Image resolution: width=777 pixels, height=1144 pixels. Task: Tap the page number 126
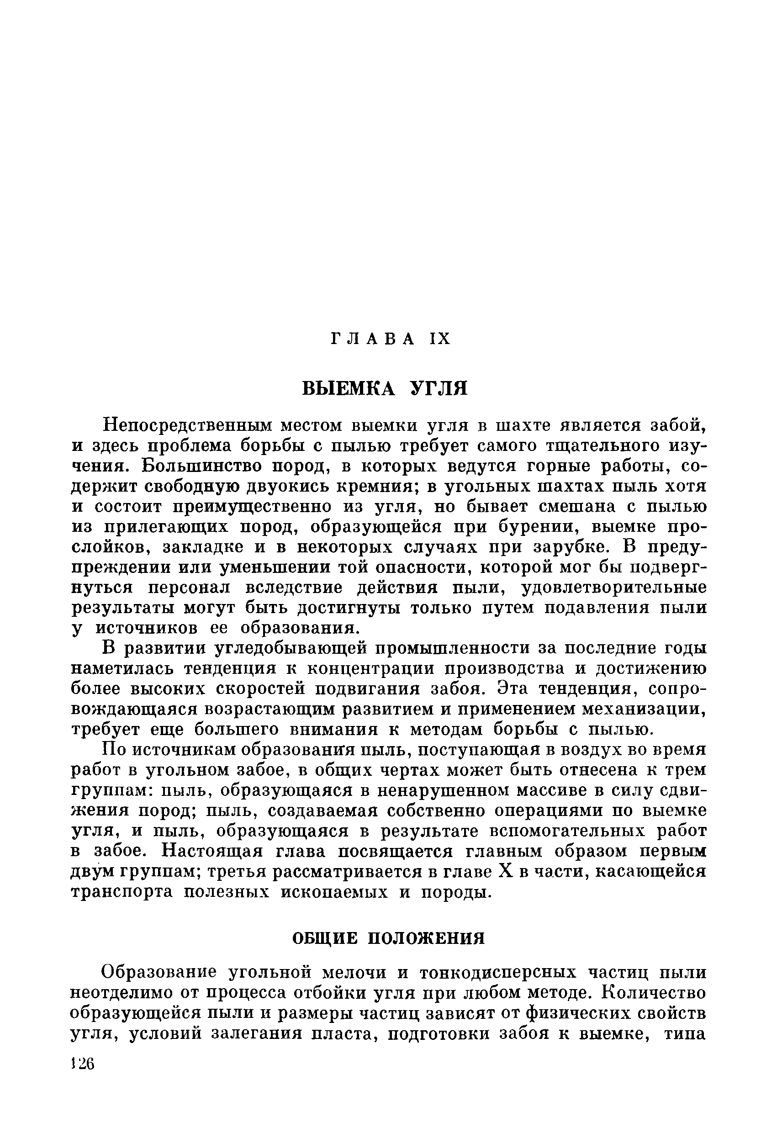click(x=82, y=1064)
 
